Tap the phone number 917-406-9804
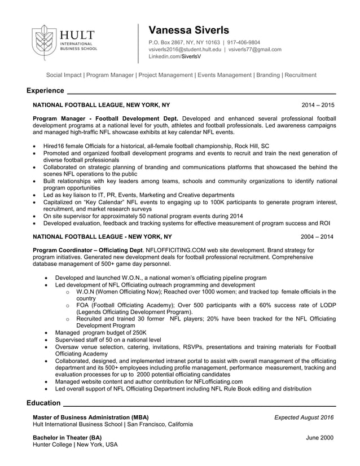click(244, 42)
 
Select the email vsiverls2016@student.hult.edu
click(185, 50)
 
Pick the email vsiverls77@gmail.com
click(254, 50)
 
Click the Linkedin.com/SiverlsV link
click(174, 57)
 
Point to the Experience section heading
click(45, 91)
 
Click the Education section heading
click(43, 403)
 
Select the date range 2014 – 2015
click(318, 105)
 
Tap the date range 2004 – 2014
click(317, 237)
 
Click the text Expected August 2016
click(304, 417)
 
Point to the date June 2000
click(319, 438)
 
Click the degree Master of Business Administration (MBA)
click(91, 417)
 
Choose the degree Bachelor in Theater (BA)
click(68, 438)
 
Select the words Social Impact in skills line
click(64, 75)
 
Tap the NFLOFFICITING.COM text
click(179, 250)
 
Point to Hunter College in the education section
click(52, 445)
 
